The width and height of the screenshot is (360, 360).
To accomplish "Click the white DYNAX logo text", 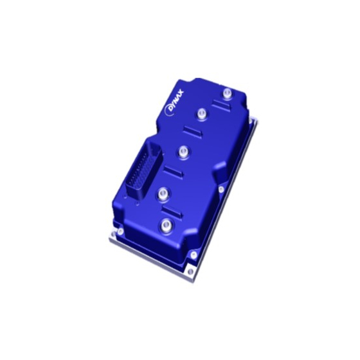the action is click(174, 102).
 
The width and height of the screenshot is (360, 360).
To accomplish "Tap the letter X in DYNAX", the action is click(181, 94).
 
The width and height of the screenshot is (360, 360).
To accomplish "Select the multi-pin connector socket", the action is click(145, 168).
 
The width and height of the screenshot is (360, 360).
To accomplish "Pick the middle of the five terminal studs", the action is click(183, 152).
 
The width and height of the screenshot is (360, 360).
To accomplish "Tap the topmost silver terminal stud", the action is click(227, 93).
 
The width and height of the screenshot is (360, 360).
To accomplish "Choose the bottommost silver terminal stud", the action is click(166, 226).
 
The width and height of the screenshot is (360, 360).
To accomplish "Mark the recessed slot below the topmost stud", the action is click(221, 105).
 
